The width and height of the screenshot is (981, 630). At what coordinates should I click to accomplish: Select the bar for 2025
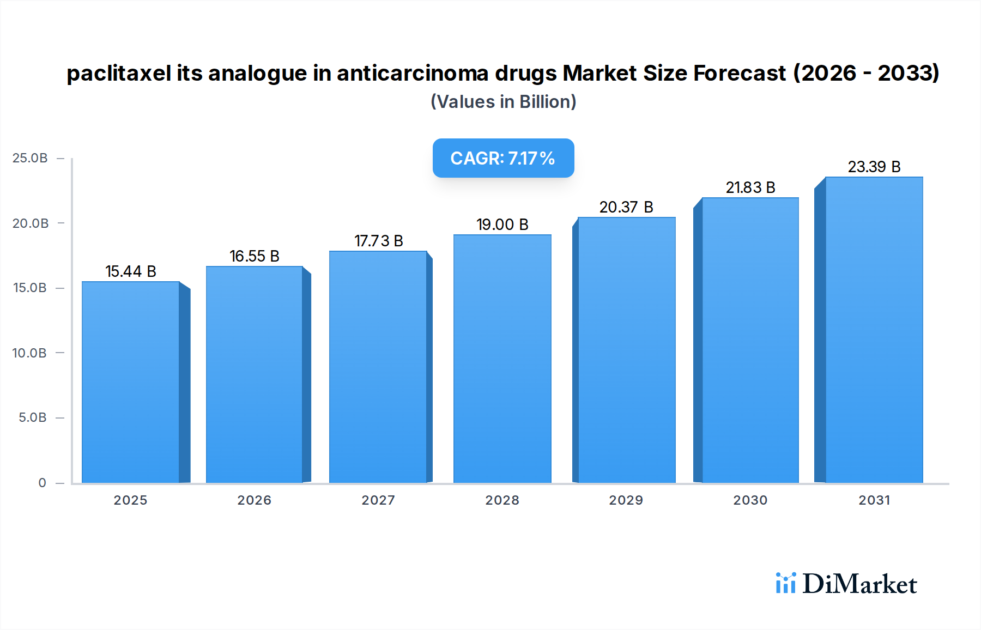pos(131,381)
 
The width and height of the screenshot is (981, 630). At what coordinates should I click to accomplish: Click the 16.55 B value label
pos(255,256)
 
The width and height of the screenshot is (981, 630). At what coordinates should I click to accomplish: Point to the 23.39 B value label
pos(874,167)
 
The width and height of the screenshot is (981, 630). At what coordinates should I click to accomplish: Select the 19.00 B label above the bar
pos(502,225)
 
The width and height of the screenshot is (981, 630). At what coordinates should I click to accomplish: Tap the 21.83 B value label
pos(750,187)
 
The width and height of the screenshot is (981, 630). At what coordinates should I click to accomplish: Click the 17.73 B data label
pos(378,241)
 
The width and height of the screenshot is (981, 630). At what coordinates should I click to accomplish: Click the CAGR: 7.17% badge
pos(503,158)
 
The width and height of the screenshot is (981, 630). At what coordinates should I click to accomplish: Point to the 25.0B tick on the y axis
pos(30,158)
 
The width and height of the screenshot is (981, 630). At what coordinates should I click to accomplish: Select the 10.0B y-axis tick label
pos(29,353)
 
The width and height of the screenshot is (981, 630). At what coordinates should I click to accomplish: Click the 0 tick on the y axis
pos(42,483)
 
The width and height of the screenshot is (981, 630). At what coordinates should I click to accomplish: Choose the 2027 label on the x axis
pos(378,500)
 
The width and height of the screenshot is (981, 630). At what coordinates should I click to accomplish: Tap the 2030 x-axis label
pos(750,500)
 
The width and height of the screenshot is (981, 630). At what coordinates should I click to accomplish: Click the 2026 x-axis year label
pos(255,500)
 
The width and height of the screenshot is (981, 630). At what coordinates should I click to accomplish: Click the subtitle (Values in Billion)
pos(503,102)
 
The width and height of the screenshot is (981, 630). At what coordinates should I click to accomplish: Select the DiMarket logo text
pos(859,584)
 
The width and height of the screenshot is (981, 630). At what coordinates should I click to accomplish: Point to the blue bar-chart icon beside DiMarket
pos(785,583)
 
